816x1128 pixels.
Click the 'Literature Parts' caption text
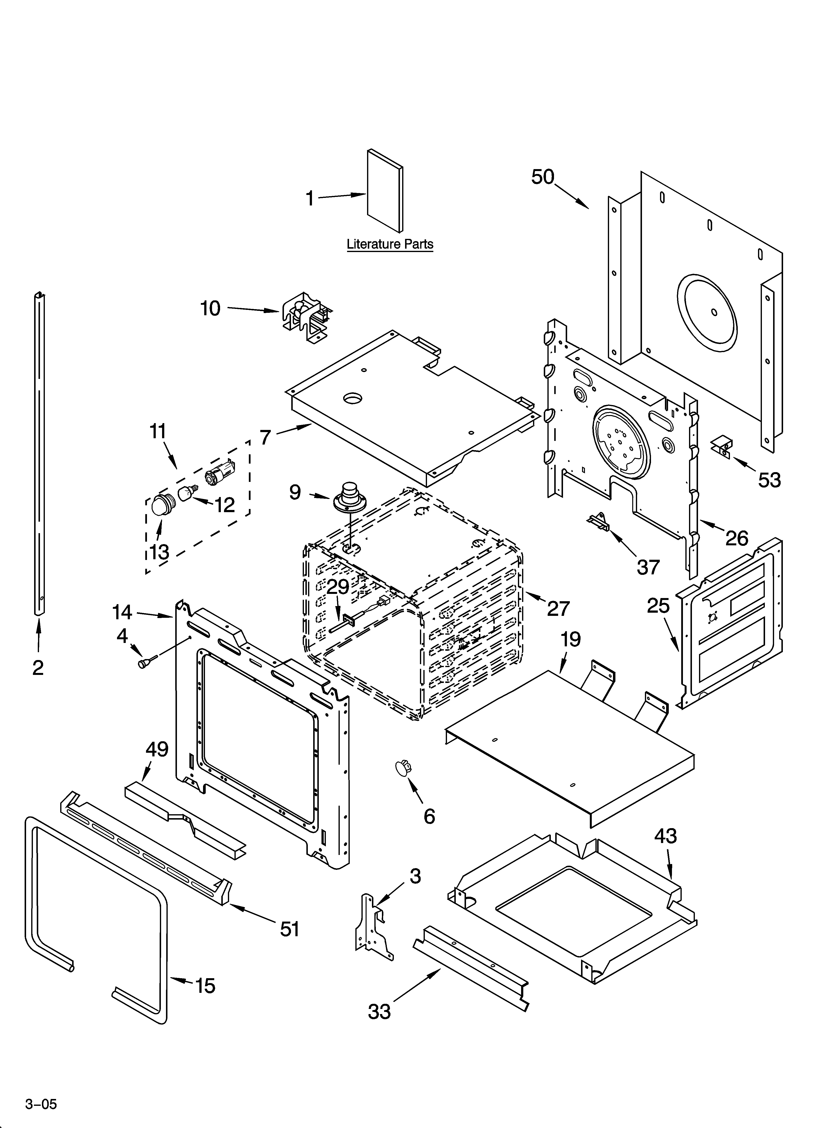pyautogui.click(x=390, y=244)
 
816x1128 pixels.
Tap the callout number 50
pyautogui.click(x=543, y=177)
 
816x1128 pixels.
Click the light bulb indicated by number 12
pyautogui.click(x=187, y=494)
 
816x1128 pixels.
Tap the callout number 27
pyautogui.click(x=558, y=608)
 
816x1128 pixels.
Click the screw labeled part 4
pyautogui.click(x=146, y=663)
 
